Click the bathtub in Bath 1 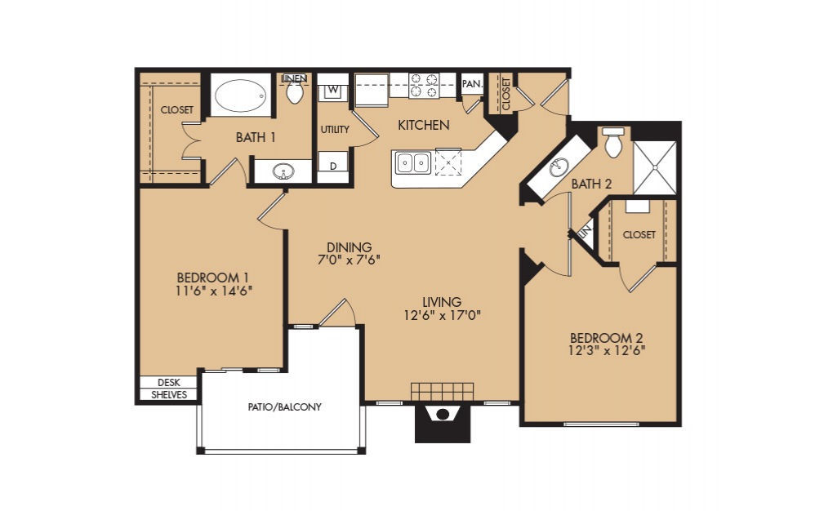240,95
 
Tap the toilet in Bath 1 296,92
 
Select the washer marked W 333,90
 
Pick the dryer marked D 333,166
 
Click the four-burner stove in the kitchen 424,86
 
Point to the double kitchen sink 412,163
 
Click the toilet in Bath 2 613,142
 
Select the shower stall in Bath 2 655,167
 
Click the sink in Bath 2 559,167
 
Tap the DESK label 168,382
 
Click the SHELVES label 169,394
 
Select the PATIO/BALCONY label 284,407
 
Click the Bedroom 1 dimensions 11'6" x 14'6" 214,291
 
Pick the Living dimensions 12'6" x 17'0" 442,315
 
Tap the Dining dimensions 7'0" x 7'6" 350,260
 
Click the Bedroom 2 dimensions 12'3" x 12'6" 607,350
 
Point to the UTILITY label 335,129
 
